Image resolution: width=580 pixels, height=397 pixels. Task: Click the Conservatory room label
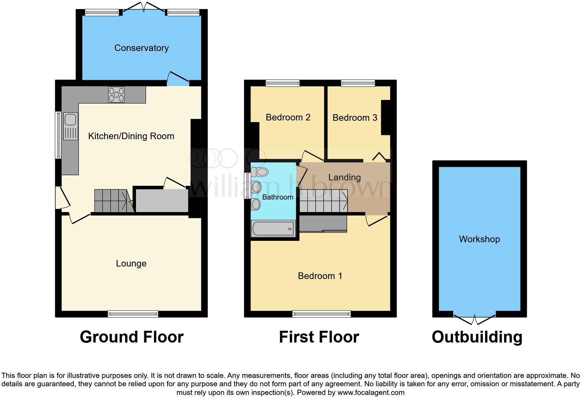point(142,48)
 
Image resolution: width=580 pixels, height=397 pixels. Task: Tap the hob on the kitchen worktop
point(116,94)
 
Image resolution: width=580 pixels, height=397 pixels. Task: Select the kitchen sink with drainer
point(70,126)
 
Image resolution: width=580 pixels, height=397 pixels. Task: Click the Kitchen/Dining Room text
point(131,136)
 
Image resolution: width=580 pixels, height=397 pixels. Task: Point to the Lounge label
point(131,263)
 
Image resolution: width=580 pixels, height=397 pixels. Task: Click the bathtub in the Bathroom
point(273,229)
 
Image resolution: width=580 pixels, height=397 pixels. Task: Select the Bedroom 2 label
point(288,117)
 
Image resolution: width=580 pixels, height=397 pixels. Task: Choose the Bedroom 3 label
point(355,118)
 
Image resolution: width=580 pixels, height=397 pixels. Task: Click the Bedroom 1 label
point(320,276)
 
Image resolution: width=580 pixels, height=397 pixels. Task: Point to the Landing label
point(344,177)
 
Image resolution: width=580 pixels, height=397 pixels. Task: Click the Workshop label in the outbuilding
point(479,239)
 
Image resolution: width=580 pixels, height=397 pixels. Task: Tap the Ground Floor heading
point(131,337)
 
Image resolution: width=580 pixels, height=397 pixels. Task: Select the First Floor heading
point(319,337)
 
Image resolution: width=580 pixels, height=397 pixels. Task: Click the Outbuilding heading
point(477,337)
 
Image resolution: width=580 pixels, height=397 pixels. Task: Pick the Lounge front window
point(133,314)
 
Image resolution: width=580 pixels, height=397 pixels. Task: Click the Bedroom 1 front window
point(322,314)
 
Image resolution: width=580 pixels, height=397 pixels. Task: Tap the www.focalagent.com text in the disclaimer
point(370,392)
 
